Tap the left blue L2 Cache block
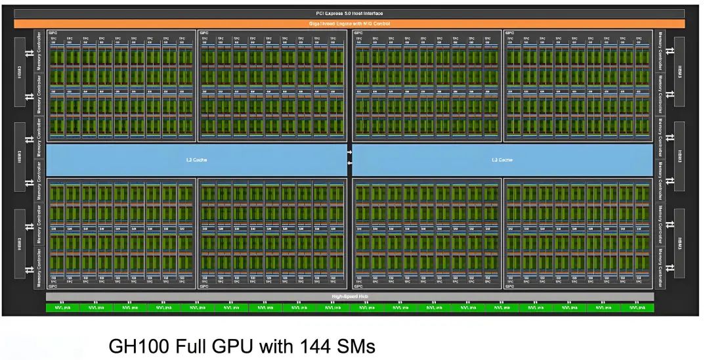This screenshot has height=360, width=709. (x=196, y=160)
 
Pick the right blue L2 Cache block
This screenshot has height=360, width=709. (x=503, y=160)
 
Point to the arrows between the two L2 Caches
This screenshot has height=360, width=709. (x=350, y=160)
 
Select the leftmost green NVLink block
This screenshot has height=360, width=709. (x=62, y=307)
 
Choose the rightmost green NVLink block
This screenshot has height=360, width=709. (x=637, y=307)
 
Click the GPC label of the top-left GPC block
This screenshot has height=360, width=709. (x=51, y=32)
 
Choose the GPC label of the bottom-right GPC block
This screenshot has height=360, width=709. (x=509, y=286)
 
